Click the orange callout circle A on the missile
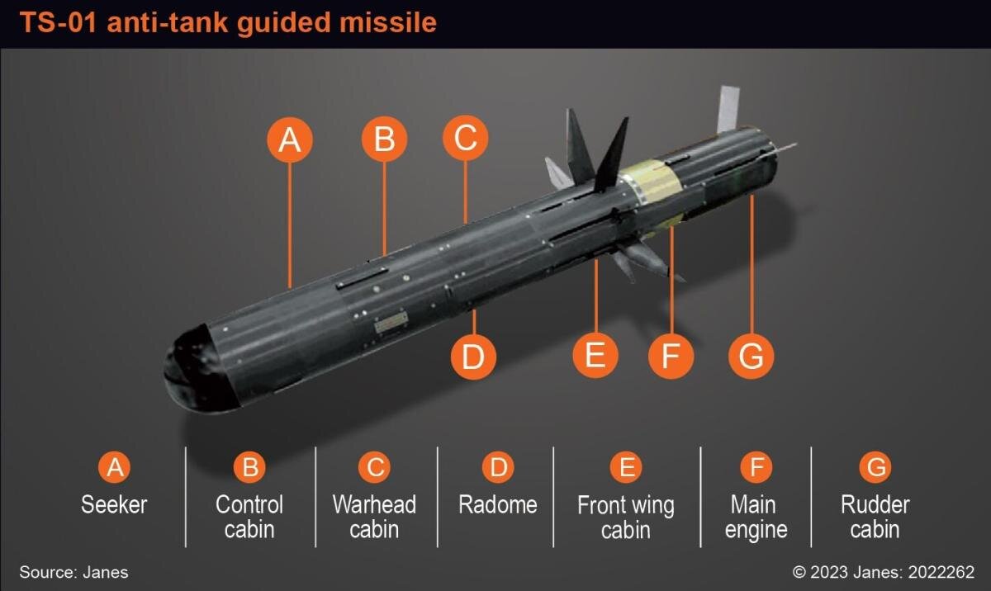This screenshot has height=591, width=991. coord(289,139)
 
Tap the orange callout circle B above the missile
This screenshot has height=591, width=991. coord(384,139)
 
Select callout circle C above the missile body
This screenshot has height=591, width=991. coord(465,138)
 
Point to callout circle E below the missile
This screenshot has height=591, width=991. coord(595,356)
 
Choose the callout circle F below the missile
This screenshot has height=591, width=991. coord(670,357)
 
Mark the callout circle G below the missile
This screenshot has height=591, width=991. coord(751,357)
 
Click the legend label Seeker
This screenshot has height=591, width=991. coord(114,504)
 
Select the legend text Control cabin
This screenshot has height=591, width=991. coord(249,516)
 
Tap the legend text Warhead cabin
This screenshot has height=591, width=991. coord(374,516)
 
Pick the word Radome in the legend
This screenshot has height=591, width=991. coord(498,504)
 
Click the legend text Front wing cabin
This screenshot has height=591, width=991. coord(626,517)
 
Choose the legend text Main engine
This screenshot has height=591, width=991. coord(756,516)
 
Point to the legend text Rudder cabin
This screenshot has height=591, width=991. coord(875,516)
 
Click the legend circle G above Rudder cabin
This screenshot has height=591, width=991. coord(875,468)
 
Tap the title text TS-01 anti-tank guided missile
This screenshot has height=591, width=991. coord(228,22)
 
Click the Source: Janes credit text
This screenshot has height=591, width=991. coord(73,572)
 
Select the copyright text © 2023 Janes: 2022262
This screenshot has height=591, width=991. coord(883,572)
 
